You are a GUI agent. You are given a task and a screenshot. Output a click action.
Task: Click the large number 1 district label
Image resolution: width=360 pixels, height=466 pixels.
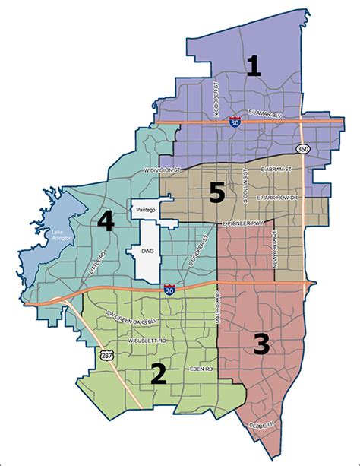point(253,66)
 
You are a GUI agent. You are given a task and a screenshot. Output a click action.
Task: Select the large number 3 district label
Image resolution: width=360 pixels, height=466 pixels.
point(261,344)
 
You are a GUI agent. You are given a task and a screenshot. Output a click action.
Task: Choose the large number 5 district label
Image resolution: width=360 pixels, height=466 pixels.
point(217,193)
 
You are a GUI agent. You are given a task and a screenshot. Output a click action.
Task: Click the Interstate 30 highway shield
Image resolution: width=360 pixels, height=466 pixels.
point(233,122)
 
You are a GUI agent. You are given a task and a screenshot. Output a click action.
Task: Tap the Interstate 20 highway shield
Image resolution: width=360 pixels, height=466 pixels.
point(170,289)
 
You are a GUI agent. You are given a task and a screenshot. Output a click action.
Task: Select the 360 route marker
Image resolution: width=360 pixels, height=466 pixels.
point(302,147)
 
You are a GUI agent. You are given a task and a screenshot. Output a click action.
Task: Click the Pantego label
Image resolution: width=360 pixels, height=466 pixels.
point(144,207)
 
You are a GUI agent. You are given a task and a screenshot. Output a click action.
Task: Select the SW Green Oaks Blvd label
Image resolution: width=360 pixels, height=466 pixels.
point(141,321)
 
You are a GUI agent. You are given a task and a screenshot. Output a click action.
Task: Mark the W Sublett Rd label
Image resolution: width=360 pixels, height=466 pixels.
point(147,342)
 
